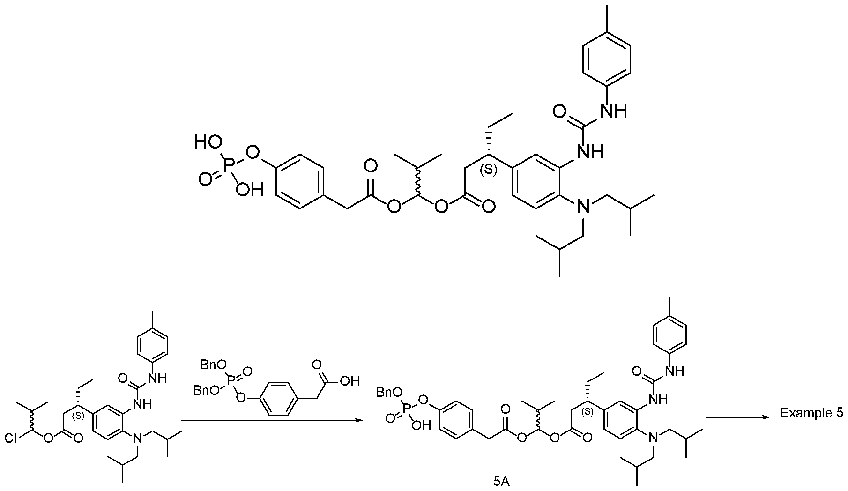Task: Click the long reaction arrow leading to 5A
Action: coord(272,420)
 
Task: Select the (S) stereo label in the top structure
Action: coord(489,170)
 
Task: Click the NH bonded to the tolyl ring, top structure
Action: coord(613,111)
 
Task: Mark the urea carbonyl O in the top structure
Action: coord(558,112)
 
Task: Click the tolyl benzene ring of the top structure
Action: coord(606,58)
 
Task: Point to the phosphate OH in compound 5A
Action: coord(423,426)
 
